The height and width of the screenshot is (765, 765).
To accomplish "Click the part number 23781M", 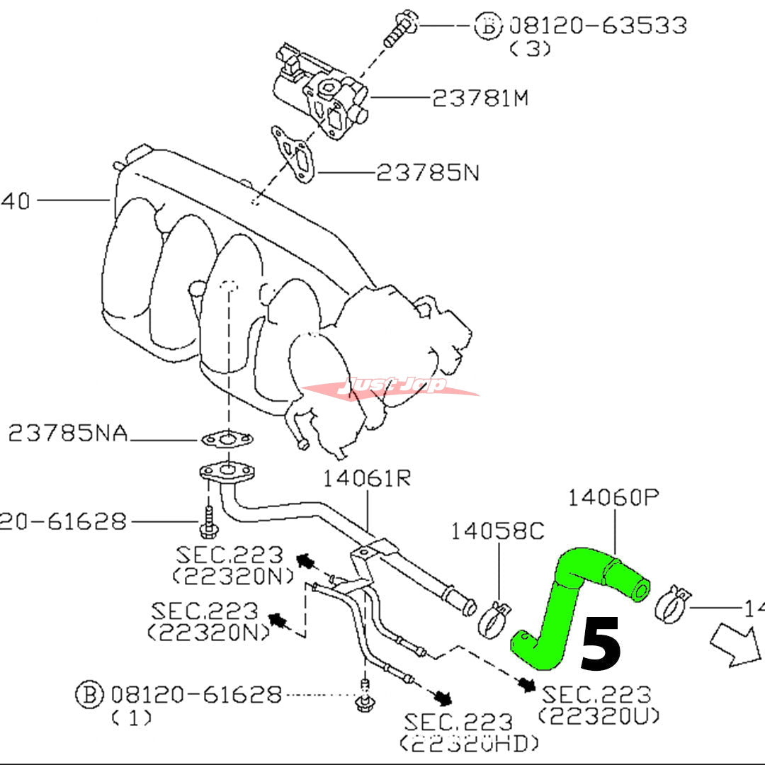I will tap(480, 98).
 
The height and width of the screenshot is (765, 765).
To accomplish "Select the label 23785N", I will tap(426, 172).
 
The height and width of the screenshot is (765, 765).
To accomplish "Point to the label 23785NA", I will tap(68, 433).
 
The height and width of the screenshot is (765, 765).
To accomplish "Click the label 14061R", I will tap(367, 480).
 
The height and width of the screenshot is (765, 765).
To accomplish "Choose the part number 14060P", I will tap(613, 499).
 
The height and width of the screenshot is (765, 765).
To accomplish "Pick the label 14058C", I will tap(499, 532).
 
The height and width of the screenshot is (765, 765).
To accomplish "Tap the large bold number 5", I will tap(601, 644).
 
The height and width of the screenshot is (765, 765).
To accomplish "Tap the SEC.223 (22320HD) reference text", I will tap(467, 731).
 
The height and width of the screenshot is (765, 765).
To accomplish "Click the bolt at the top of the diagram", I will tap(399, 30).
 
